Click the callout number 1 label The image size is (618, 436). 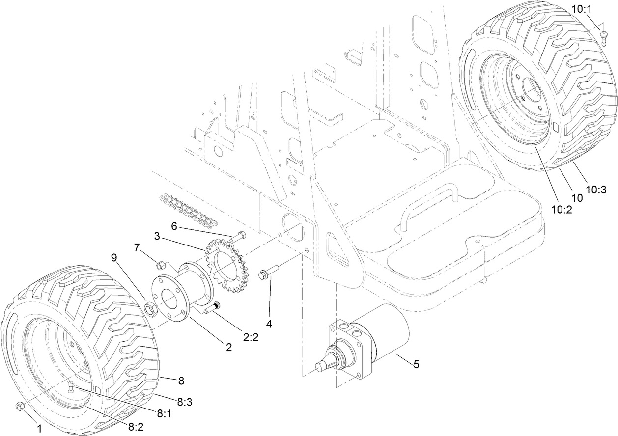39,428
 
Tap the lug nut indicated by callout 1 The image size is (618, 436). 21,406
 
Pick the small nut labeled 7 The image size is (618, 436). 160,266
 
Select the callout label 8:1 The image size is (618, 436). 165,414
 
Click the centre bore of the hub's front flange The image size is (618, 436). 167,297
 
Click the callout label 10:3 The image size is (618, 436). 597,189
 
